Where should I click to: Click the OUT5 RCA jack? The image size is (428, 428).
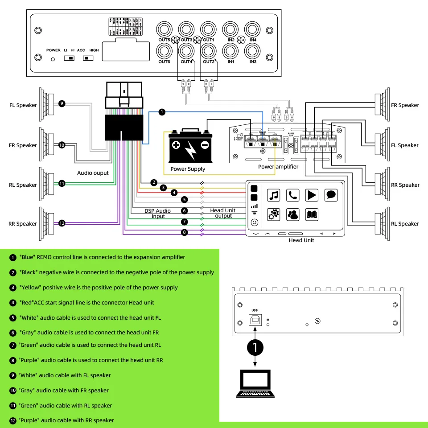[164, 30]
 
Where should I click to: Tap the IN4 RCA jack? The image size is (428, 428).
[253, 30]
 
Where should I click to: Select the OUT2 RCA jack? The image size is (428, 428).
[209, 51]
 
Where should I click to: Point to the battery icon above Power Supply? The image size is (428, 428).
[190, 147]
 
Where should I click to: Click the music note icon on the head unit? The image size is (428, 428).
[273, 195]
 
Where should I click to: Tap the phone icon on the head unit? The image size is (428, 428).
[292, 195]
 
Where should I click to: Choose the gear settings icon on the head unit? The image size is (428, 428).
[273, 214]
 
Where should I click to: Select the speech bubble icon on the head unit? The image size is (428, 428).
[331, 195]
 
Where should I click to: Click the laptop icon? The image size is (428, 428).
[255, 383]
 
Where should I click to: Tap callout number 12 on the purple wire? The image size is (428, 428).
[62, 223]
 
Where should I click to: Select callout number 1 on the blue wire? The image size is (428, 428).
[162, 112]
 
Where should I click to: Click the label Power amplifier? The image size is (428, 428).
[278, 167]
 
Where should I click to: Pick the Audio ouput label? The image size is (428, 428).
[93, 173]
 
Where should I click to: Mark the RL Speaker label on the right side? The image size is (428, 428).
[405, 224]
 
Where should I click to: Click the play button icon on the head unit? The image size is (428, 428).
[312, 195]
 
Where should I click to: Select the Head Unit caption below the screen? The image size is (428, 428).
[301, 240]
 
